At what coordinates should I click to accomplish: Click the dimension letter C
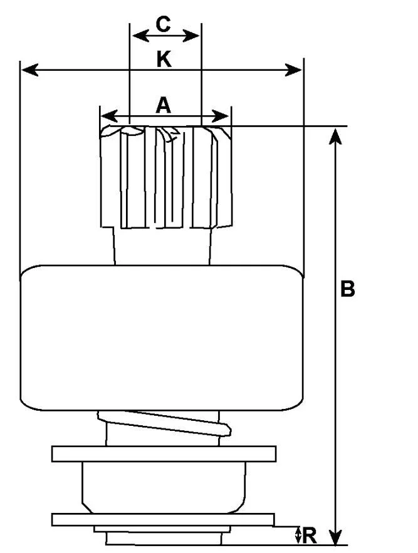(x=163, y=24)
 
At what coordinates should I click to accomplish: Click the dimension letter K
(x=164, y=59)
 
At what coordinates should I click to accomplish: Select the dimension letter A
(x=163, y=105)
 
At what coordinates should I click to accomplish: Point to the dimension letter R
(x=309, y=535)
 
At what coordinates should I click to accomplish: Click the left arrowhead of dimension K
(x=29, y=70)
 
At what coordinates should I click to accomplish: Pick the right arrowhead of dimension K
(x=293, y=70)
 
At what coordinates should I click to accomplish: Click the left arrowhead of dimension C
(x=140, y=36)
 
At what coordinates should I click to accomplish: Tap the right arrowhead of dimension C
(x=191, y=36)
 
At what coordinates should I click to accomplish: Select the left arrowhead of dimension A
(x=109, y=116)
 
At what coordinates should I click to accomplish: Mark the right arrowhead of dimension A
(x=221, y=116)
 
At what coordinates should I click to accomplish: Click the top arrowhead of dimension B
(x=335, y=137)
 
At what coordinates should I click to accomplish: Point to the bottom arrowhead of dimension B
(x=335, y=537)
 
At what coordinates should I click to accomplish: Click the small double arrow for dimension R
(x=298, y=535)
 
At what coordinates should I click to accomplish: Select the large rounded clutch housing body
(x=162, y=338)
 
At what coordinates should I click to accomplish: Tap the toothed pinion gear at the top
(x=166, y=177)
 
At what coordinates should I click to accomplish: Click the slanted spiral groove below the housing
(x=165, y=423)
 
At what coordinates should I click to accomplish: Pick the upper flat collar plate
(x=164, y=454)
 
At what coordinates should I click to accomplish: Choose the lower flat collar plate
(x=163, y=520)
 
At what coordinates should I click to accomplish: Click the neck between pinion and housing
(x=162, y=246)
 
